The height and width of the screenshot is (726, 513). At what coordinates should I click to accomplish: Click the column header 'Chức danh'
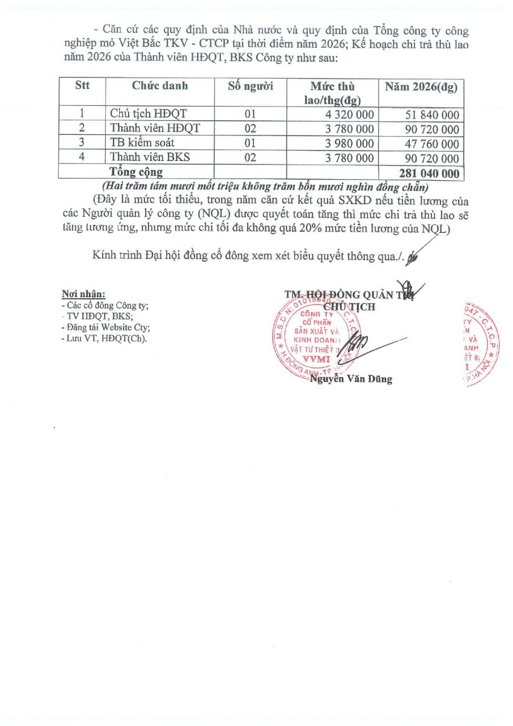pos(160,86)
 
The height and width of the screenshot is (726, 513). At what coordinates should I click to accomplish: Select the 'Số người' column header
pos(250,86)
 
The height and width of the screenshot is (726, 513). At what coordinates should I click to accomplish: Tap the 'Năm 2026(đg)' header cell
pos(421,86)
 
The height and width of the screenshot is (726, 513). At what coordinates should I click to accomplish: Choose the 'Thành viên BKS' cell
pos(150,158)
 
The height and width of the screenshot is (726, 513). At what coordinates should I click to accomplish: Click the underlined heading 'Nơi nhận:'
pos(83,295)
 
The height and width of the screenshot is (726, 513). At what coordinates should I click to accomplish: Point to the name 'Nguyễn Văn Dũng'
pos(350,379)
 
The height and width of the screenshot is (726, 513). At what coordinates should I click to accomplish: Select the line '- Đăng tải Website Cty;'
pos(106,327)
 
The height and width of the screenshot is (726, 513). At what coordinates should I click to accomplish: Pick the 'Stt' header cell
pos(82,86)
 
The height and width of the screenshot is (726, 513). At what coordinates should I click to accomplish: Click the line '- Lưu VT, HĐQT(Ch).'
pos(104,338)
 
